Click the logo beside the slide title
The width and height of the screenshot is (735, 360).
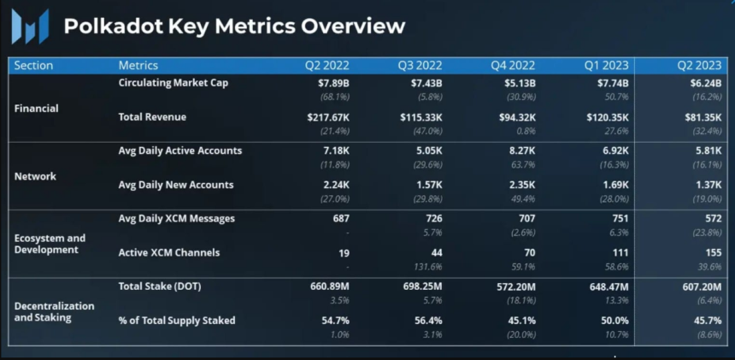(x=30, y=26)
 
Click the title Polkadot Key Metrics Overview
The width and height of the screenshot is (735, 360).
(x=234, y=26)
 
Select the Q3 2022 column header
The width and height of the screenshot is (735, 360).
(x=419, y=66)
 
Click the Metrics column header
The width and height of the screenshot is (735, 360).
(x=138, y=66)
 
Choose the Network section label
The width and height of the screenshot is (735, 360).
(x=36, y=176)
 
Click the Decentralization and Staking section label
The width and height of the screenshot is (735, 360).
(x=55, y=311)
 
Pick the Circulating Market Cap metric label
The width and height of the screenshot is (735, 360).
(x=173, y=83)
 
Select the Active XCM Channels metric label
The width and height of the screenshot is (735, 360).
(x=169, y=252)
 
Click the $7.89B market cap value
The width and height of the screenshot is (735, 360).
(x=326, y=83)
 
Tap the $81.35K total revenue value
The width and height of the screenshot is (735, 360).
(x=699, y=117)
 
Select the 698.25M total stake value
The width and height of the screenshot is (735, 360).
(x=415, y=286)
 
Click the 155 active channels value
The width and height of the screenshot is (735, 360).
(x=711, y=252)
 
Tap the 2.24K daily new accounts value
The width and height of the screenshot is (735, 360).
(x=333, y=185)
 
